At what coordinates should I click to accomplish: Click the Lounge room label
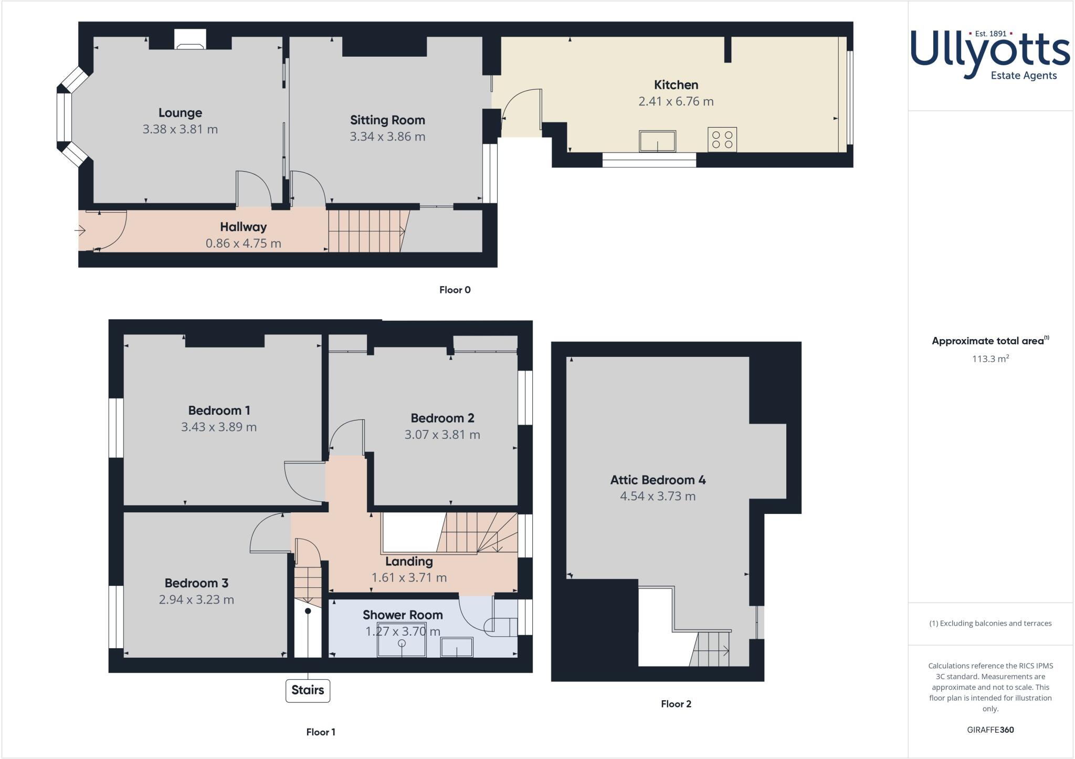pos(180,113)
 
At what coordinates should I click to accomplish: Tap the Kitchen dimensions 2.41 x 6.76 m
pos(676,101)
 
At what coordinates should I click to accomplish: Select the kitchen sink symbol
pos(657,141)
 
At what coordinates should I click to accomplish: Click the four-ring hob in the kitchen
pos(722,140)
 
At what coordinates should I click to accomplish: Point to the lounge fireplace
pos(190,40)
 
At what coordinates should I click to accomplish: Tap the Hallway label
pos(243,227)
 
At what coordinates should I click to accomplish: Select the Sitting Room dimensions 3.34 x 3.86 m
pos(387,136)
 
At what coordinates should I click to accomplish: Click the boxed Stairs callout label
pos(308,690)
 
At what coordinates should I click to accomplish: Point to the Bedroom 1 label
pos(219,410)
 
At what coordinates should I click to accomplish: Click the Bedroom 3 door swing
pos(269,533)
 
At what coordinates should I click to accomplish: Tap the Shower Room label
pos(403,615)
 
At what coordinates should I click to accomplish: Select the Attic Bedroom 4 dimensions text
pos(657,496)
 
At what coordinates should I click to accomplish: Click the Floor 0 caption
pos(455,290)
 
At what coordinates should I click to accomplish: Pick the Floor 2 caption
pos(676,704)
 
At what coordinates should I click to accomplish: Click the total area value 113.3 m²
pos(990,359)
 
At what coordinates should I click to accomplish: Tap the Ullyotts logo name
pos(990,52)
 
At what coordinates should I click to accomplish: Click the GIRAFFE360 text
pos(990,730)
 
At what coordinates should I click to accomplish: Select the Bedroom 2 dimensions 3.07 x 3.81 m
pos(442,435)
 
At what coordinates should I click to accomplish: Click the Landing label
pos(409,561)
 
